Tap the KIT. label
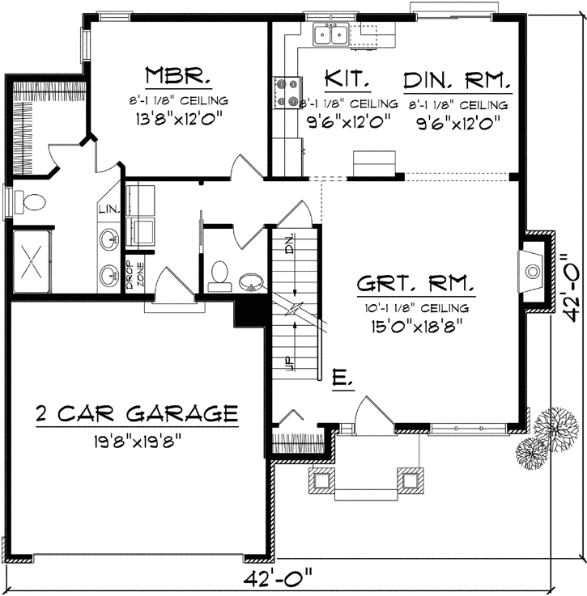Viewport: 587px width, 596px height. pos(347,79)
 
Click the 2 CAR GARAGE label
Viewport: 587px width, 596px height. pos(137,414)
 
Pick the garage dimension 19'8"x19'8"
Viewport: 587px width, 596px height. pos(137,442)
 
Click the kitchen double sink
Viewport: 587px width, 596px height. pos(331,35)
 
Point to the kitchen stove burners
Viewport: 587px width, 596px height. pos(284,91)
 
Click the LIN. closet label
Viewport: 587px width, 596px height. pos(108,210)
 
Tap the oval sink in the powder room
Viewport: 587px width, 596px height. pos(250,282)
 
